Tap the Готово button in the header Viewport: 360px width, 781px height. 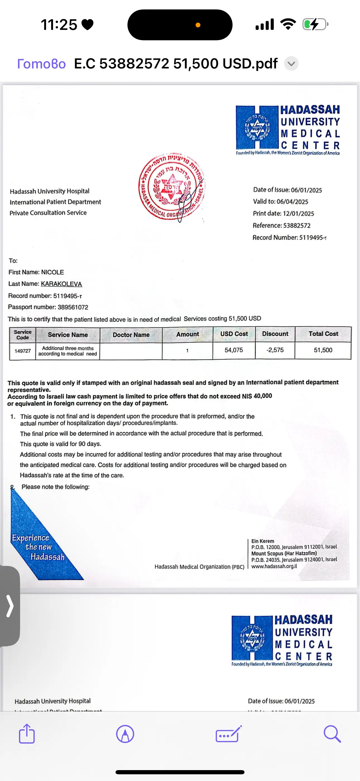pos(42,64)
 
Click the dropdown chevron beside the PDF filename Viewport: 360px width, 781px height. pos(291,64)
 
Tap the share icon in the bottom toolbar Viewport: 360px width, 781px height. pos(27,734)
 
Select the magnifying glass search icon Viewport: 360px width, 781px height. pos(332,734)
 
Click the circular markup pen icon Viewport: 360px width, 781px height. pos(125,734)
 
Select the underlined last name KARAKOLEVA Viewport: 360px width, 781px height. pos(61,284)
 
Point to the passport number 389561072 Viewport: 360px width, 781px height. pos(73,307)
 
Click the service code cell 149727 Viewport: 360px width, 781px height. pos(23,351)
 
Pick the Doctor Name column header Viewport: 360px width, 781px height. pos(131,335)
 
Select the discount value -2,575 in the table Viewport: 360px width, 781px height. pos(275,350)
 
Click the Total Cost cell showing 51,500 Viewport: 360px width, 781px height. pos(323,350)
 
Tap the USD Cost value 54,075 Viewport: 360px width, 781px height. pos(234,350)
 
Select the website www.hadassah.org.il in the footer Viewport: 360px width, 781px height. pos(274,566)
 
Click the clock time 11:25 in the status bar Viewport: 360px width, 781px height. pos(59,25)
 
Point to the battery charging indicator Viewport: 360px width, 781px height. pos(315,24)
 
